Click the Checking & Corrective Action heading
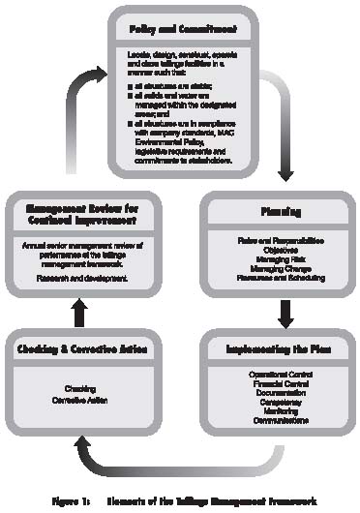[x=76, y=347]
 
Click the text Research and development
[x=62, y=277]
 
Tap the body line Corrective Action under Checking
[x=76, y=398]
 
